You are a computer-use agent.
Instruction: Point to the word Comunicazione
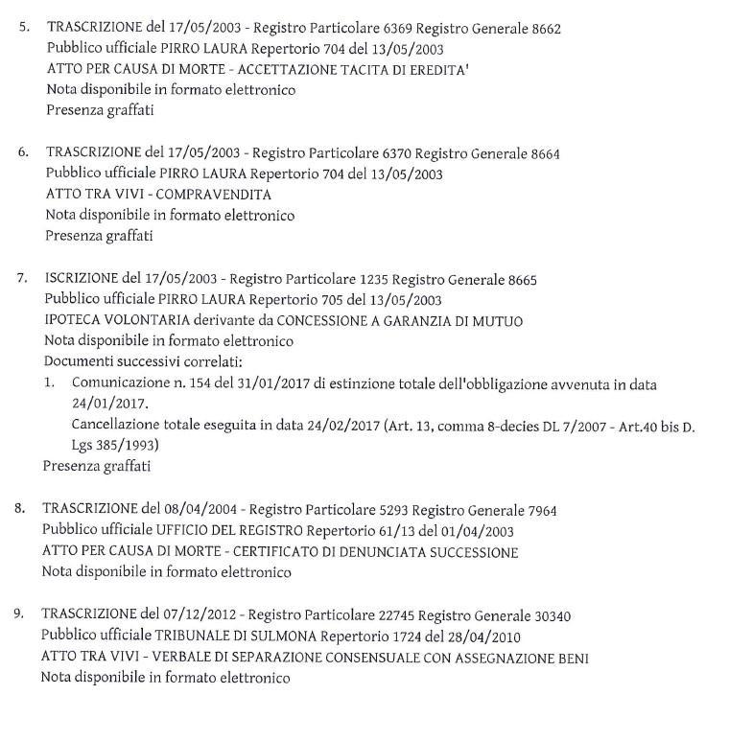pyautogui.click(x=119, y=383)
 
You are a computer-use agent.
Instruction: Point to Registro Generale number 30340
pyautogui.click(x=552, y=614)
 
